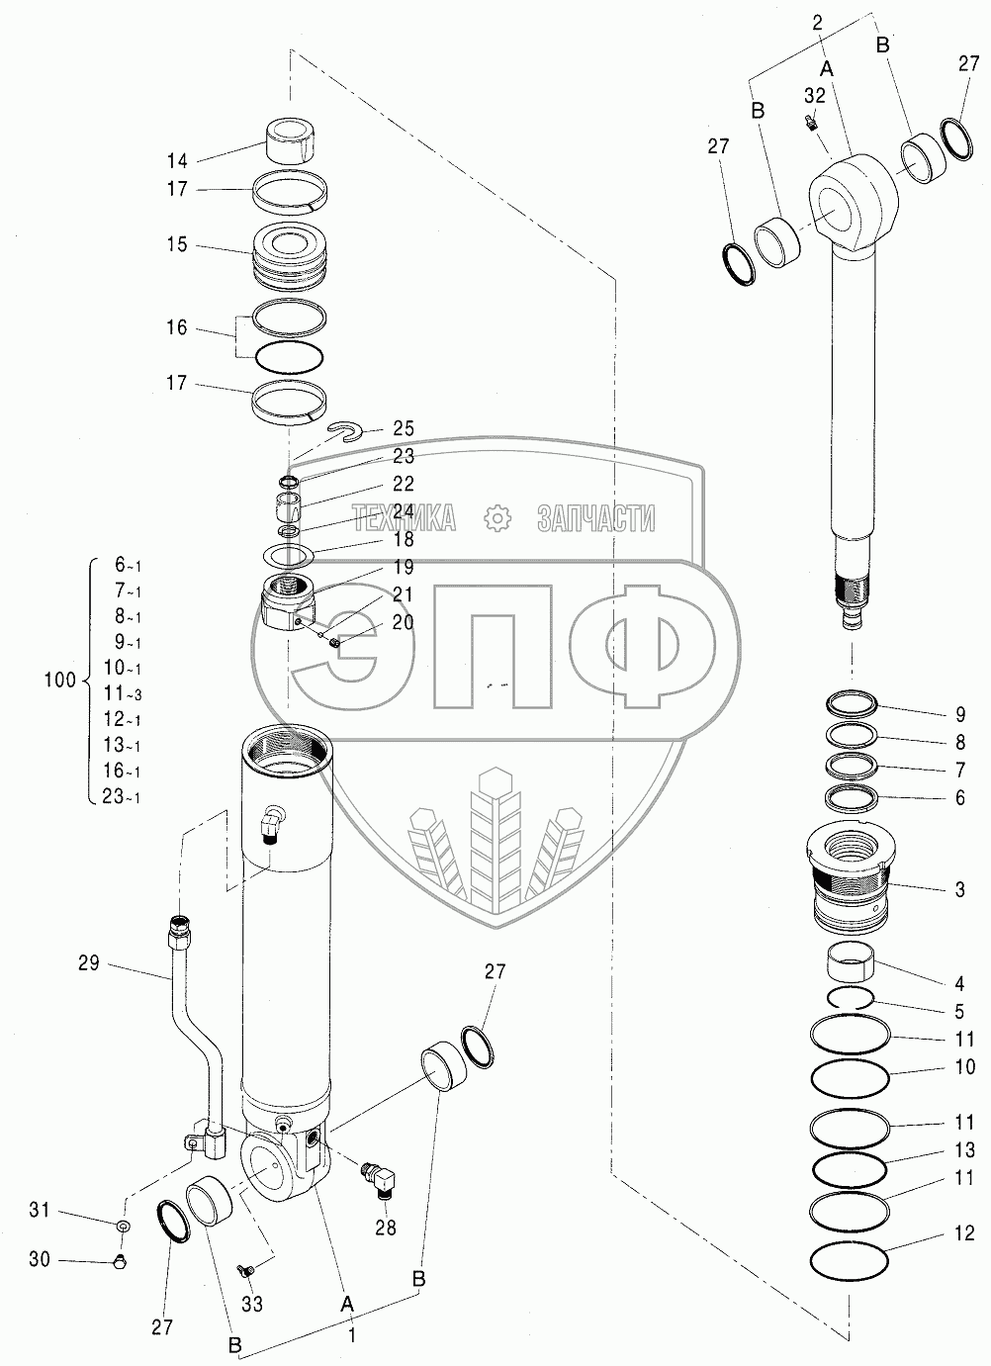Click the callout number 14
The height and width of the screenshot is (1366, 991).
176,159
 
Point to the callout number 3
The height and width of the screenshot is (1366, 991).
959,890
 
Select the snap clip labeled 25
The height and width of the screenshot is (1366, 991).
346,428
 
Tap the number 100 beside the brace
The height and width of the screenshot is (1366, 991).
60,681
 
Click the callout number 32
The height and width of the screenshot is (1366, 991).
814,96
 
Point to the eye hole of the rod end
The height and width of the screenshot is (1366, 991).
843,208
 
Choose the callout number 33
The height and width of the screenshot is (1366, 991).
252,1305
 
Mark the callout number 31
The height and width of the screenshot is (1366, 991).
39,1210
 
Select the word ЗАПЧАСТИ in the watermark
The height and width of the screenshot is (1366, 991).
595,517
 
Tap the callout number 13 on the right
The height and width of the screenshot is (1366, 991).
964,1150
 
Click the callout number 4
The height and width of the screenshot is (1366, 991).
959,983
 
